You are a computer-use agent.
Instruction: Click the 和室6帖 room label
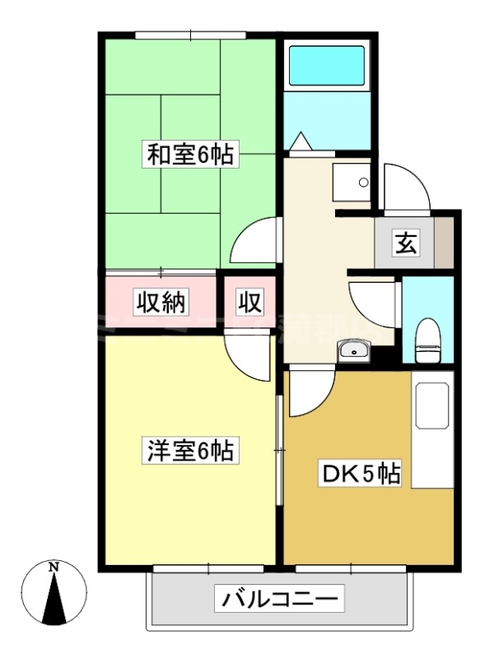coord(189,155)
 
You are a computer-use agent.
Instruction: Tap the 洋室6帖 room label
coord(189,451)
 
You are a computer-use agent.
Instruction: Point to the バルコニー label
coord(279,599)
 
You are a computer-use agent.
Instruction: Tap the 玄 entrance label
coord(406,243)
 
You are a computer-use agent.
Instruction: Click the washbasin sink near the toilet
coord(355,352)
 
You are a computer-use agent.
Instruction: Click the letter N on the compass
coord(54,568)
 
